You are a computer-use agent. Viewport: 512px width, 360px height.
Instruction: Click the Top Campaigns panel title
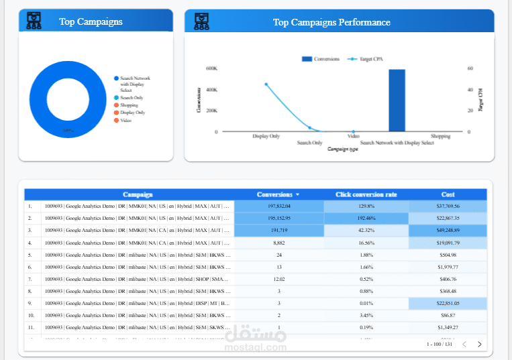tap(91, 21)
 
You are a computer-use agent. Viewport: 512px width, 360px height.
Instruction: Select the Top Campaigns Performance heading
tap(331, 22)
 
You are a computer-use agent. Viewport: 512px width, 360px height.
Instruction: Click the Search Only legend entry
tap(132, 98)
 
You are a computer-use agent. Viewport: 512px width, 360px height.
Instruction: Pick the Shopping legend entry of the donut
tap(129, 105)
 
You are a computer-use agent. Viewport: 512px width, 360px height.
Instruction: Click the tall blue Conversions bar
tap(397, 100)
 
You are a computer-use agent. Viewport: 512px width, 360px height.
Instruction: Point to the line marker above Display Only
tap(266, 84)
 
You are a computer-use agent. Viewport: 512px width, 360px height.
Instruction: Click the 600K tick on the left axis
tap(211, 68)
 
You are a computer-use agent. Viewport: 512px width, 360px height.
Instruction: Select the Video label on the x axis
tap(354, 136)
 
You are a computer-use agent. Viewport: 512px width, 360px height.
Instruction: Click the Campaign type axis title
tap(342, 149)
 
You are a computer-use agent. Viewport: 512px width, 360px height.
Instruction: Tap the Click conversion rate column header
tap(366, 194)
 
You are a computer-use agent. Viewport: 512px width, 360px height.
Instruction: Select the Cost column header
tap(448, 194)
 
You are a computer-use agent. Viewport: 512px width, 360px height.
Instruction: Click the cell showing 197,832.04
tap(278, 206)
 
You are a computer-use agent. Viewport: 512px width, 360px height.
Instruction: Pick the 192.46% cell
tap(366, 219)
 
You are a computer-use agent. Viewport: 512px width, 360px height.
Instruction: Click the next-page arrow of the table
tap(479, 344)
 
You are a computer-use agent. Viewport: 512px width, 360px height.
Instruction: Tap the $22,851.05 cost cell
tap(448, 303)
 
